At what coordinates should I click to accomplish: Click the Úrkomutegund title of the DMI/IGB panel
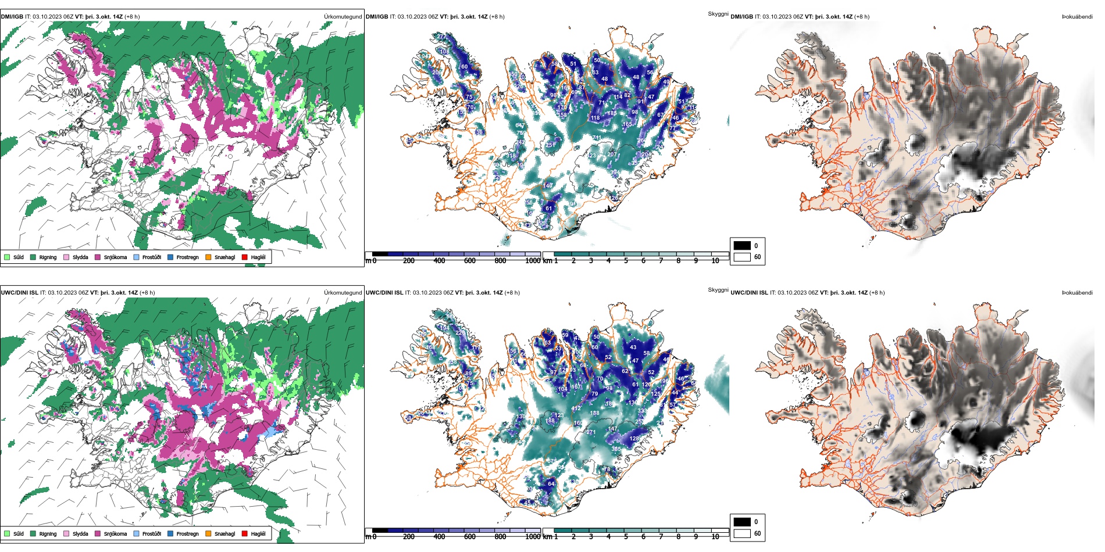click(343, 17)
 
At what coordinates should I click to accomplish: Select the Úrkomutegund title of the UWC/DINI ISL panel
click(343, 293)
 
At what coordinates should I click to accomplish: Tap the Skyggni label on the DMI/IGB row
click(718, 14)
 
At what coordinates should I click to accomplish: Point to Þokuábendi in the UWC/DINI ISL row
click(1077, 293)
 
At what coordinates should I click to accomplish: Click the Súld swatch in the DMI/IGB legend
click(7, 257)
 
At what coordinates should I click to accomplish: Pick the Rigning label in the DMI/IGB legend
click(48, 257)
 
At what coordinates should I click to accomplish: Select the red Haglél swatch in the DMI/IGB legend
click(245, 257)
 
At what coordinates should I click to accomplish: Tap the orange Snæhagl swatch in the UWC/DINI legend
click(208, 533)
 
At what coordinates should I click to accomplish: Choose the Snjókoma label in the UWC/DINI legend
click(115, 534)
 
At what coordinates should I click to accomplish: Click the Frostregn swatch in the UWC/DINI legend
click(170, 533)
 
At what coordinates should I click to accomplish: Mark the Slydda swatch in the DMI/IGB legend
click(66, 257)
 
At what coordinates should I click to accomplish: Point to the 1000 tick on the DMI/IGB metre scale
click(533, 261)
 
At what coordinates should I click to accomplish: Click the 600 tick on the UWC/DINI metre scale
click(470, 537)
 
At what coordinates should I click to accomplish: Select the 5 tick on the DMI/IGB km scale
click(626, 261)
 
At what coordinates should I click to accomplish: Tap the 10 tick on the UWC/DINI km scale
click(715, 537)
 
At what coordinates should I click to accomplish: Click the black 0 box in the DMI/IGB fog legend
click(742, 246)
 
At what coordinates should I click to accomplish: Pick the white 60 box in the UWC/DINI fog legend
click(742, 533)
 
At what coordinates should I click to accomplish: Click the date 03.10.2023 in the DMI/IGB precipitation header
click(48, 17)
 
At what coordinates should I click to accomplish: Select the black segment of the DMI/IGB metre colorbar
click(380, 254)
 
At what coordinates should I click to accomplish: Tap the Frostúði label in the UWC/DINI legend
click(151, 534)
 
